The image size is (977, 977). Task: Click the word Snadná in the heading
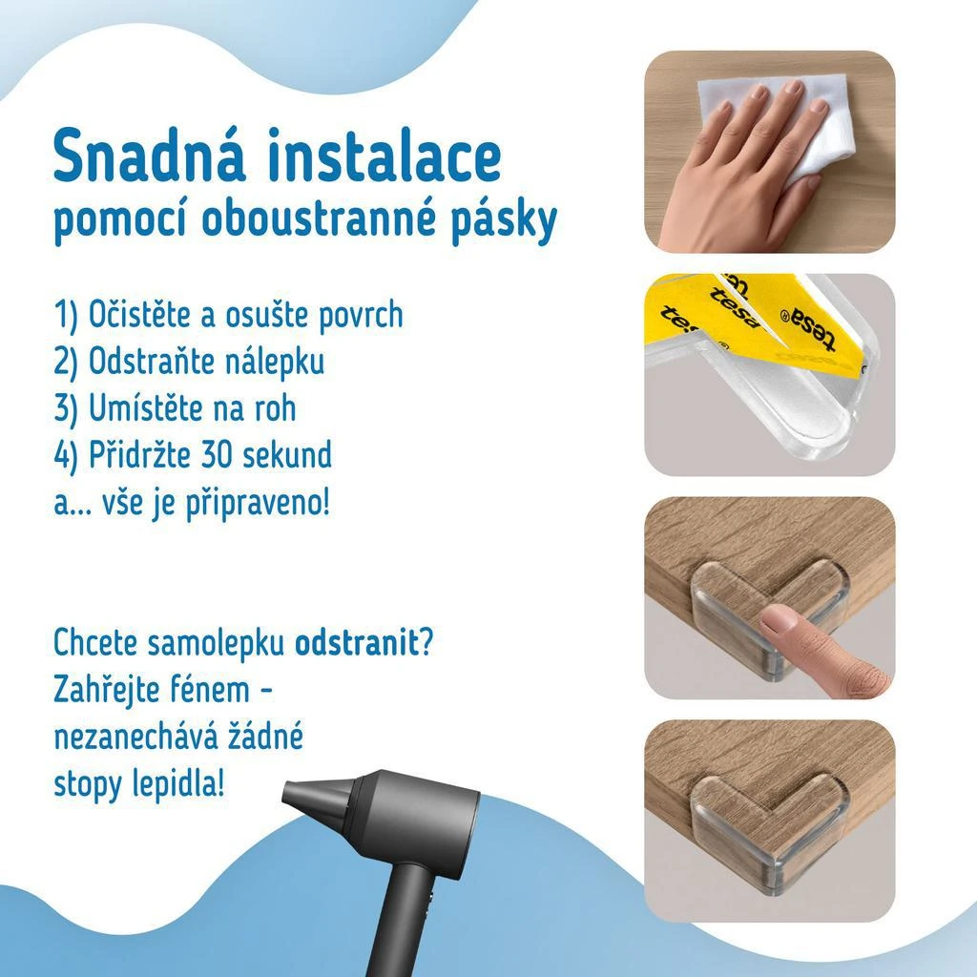pos(150,155)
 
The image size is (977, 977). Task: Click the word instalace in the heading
pos(385,155)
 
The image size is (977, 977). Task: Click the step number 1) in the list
pos(66,314)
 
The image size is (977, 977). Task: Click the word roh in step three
pos(275,408)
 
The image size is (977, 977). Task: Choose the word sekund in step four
pos(287,455)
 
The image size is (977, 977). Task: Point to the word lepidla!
pos(177,784)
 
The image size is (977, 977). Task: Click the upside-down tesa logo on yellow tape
pos(808,328)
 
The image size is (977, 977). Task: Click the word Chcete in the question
pos(95,642)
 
